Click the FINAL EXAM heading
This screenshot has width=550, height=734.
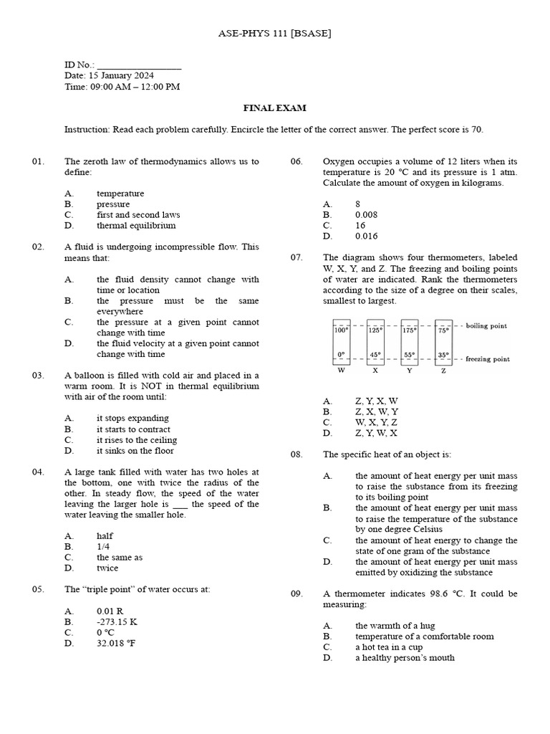tap(275, 108)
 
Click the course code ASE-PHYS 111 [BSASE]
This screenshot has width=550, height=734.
tap(274, 34)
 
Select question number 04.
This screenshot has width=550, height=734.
tap(39, 472)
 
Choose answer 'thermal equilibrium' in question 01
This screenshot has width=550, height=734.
tap(136, 225)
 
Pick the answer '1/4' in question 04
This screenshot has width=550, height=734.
tap(105, 546)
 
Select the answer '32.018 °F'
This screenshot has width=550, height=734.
tap(116, 643)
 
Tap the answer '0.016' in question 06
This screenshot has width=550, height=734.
tap(366, 236)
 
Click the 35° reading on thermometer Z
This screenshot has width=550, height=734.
tap(443, 354)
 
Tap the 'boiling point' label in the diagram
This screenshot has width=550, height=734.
tap(486, 325)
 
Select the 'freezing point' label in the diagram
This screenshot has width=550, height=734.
tap(488, 358)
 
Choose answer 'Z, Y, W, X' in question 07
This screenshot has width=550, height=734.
tap(376, 433)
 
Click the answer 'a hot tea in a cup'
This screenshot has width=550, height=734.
tap(389, 647)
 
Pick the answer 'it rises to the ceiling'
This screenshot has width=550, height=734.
tap(137, 439)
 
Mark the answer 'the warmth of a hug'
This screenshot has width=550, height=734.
tap(395, 625)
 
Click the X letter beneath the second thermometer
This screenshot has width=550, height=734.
tap(375, 371)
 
